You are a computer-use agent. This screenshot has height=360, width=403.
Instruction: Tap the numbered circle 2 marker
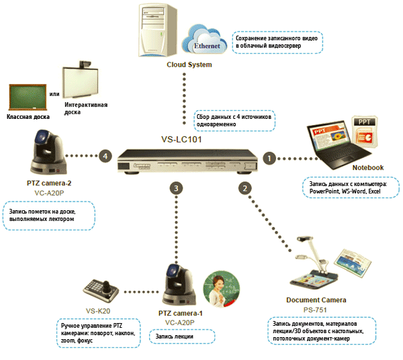coord(246,189)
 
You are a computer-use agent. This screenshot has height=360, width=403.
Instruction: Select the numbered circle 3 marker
coord(176,189)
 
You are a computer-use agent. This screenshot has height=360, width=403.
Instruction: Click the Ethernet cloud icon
coord(205,42)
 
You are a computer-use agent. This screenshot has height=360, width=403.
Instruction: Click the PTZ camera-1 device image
coord(179,285)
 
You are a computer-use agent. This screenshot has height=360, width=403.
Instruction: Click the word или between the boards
coord(55,93)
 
